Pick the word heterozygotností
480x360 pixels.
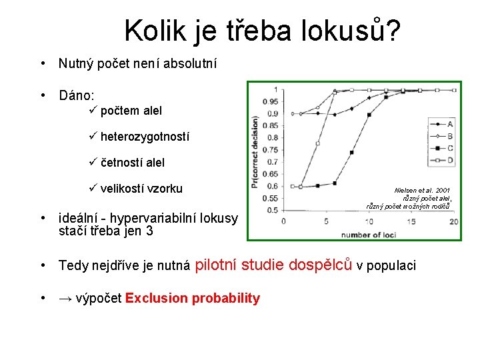[145, 137]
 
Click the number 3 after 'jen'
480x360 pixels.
[150, 231]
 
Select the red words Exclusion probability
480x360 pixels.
[192, 298]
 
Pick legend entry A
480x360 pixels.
[450, 123]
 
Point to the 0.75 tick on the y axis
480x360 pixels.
[271, 161]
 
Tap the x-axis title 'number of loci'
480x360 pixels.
[369, 234]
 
